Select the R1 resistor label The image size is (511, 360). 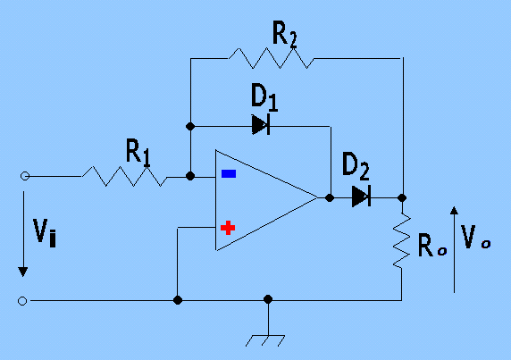137,153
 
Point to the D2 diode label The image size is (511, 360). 356,166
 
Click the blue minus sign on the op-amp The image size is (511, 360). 229,174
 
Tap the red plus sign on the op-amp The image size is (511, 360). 228,229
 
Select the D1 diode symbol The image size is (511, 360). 260,125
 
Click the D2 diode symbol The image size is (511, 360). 360,197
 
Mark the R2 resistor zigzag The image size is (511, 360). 268,59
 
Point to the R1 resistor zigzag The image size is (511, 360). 124,176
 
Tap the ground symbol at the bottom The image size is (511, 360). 268,338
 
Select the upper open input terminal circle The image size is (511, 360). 24,176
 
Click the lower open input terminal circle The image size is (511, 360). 24,300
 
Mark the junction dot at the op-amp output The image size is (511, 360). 330,197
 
